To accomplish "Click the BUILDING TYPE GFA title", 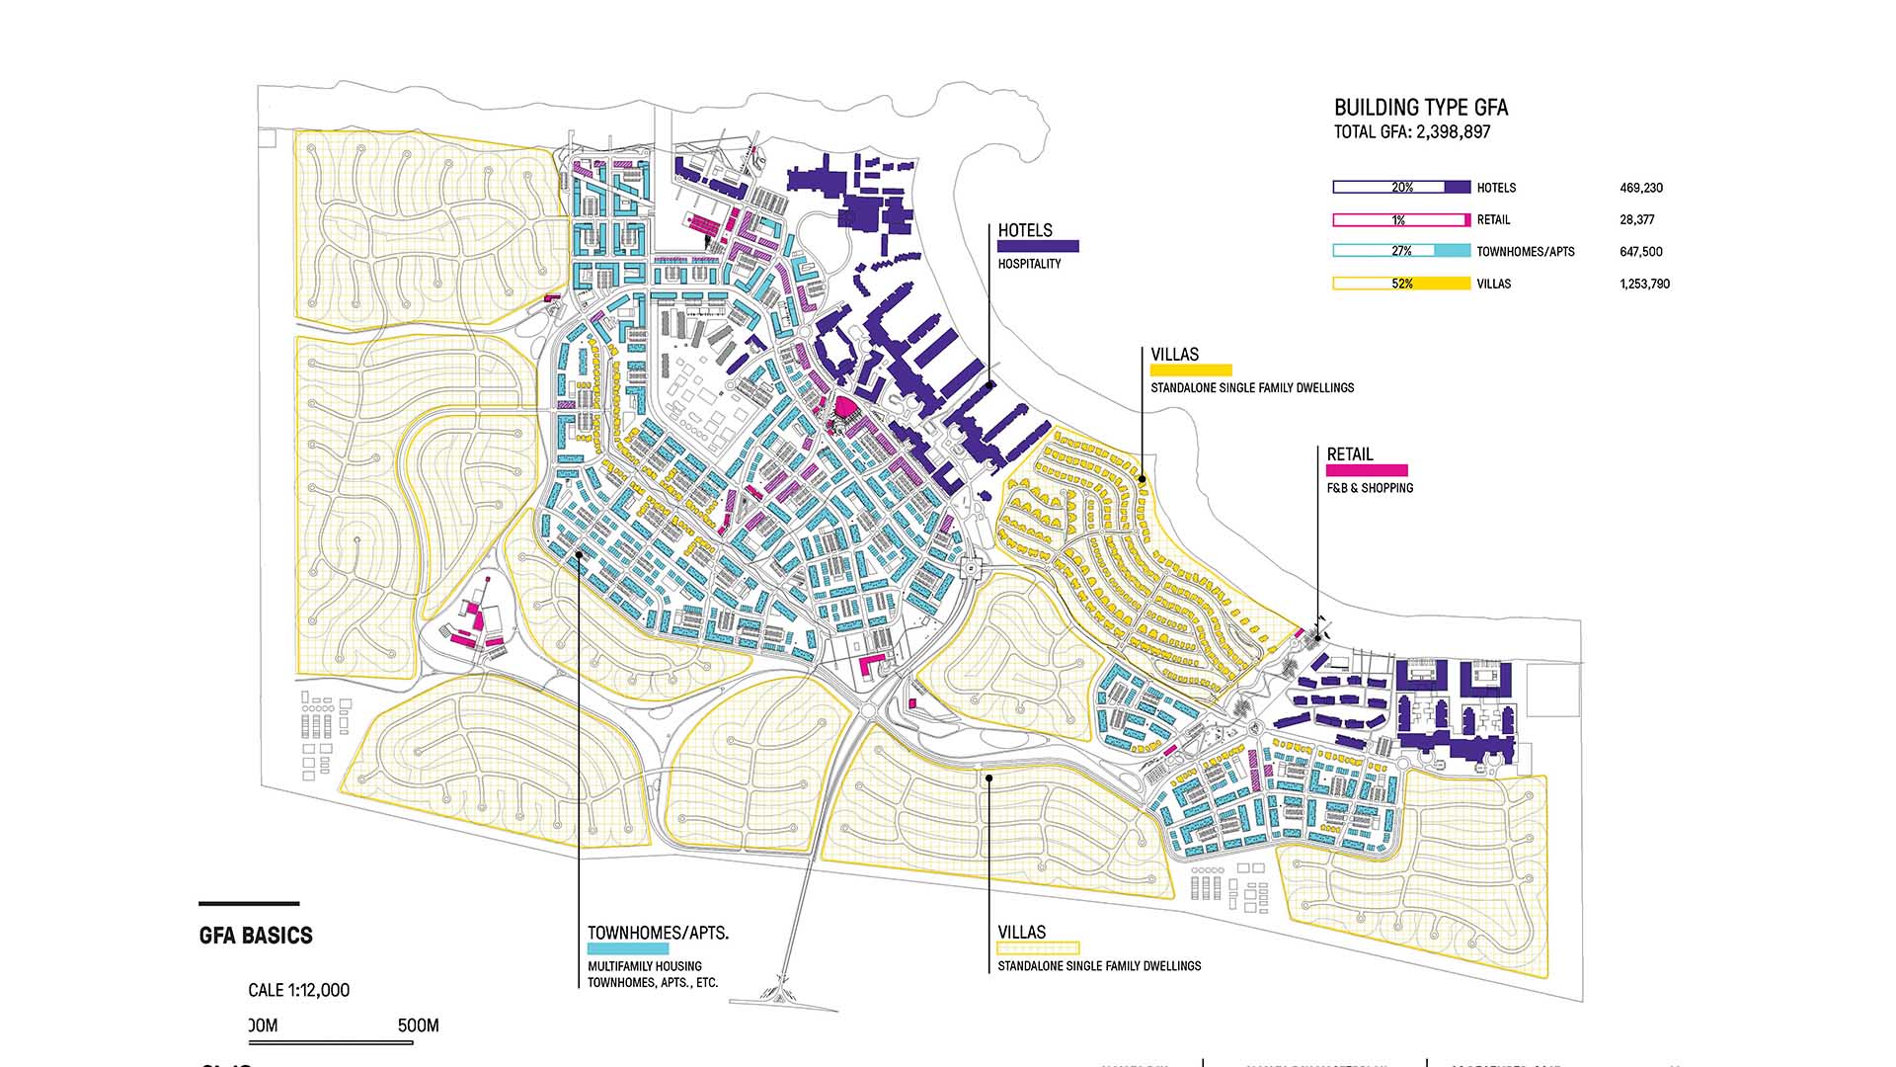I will tap(1421, 108).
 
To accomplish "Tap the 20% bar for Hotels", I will tap(1401, 188).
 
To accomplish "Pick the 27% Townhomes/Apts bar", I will tap(1401, 251).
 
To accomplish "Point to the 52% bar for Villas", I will tap(1401, 284).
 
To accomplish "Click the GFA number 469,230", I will tap(1641, 188).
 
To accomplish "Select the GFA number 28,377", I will tap(1636, 220).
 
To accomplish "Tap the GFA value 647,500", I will tap(1640, 252).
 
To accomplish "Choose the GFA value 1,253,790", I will tap(1644, 284).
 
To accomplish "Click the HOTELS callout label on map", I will tap(1025, 230).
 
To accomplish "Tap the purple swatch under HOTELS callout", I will tap(1038, 247).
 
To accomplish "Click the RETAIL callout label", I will tap(1349, 454).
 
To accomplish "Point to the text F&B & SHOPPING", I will tap(1370, 488).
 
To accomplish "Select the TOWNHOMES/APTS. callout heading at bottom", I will tap(658, 933).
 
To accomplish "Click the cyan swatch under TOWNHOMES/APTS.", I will tap(628, 948).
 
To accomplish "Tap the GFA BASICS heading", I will tap(256, 936).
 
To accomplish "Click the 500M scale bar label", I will tap(418, 1026).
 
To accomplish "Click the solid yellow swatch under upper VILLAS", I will tap(1191, 370).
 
